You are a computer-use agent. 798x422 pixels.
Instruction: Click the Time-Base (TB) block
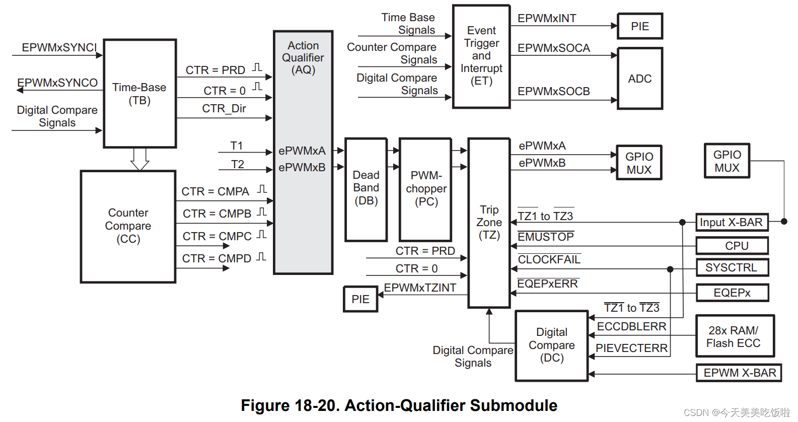140,93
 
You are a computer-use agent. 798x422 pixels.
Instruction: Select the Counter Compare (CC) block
128,227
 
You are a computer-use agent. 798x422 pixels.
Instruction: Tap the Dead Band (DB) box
366,190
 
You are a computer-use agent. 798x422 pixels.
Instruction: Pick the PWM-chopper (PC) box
425,190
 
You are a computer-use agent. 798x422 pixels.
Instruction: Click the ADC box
640,79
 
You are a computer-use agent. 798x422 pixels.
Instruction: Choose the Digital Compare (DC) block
551,346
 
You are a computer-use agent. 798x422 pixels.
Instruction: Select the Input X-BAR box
732,223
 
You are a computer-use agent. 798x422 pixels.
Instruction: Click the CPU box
732,246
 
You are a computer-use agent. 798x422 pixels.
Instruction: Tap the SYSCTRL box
732,268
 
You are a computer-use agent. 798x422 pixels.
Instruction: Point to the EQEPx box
732,293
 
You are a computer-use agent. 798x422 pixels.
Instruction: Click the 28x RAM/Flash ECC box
735,336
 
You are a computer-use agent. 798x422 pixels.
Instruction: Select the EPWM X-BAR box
739,373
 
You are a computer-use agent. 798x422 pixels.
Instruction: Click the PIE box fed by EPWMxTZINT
360,299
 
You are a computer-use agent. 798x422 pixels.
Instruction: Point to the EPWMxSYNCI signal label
59,47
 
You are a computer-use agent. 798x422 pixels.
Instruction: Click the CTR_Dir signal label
224,108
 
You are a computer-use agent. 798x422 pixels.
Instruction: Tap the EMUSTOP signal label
545,236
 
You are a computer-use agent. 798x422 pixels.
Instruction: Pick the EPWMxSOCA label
554,48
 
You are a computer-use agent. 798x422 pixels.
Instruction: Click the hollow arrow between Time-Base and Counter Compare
139,159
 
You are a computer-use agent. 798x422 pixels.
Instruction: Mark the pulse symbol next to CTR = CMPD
261,257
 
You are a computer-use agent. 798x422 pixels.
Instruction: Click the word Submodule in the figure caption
514,405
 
